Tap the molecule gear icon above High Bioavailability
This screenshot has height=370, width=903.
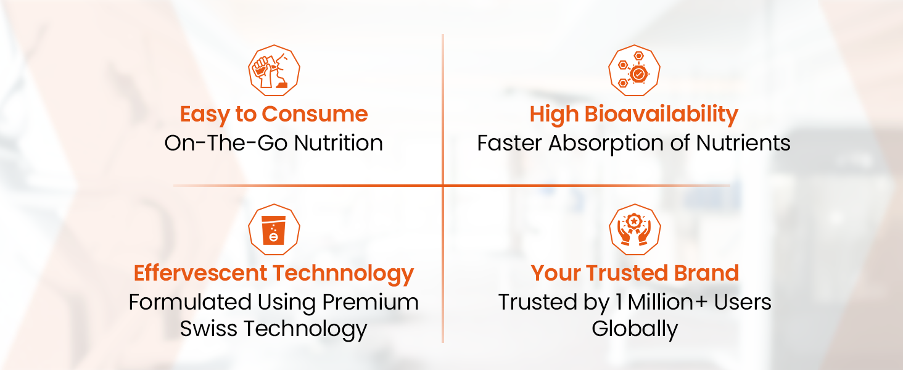(x=634, y=70)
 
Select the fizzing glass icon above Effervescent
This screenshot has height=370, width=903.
(x=274, y=230)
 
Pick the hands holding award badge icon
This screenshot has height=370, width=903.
(x=635, y=230)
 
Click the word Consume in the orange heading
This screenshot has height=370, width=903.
(x=315, y=114)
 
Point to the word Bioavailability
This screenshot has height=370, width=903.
(x=662, y=115)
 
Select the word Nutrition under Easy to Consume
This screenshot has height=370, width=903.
(x=338, y=143)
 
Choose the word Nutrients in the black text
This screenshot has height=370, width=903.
(x=743, y=143)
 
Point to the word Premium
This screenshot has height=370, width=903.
(x=371, y=302)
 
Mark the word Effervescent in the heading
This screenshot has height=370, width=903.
(x=200, y=273)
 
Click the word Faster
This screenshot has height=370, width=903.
(x=509, y=143)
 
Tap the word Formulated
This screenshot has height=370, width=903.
(x=190, y=302)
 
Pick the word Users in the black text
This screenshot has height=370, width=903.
(x=742, y=302)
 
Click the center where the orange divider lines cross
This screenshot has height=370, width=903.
(x=443, y=186)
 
